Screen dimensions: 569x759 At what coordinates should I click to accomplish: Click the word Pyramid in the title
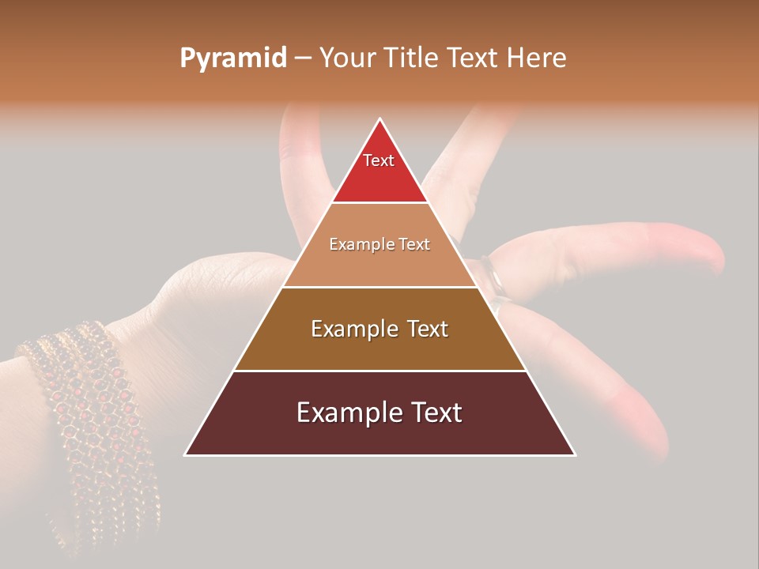coord(232,58)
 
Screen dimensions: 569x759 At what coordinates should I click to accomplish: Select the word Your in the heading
coord(347,58)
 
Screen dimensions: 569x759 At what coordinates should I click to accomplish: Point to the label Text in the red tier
coord(379,160)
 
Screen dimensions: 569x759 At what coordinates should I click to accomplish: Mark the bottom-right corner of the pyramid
coord(574,454)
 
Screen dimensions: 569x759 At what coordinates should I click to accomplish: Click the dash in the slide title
coord(303,58)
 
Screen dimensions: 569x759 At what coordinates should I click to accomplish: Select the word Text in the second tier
coord(413,244)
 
